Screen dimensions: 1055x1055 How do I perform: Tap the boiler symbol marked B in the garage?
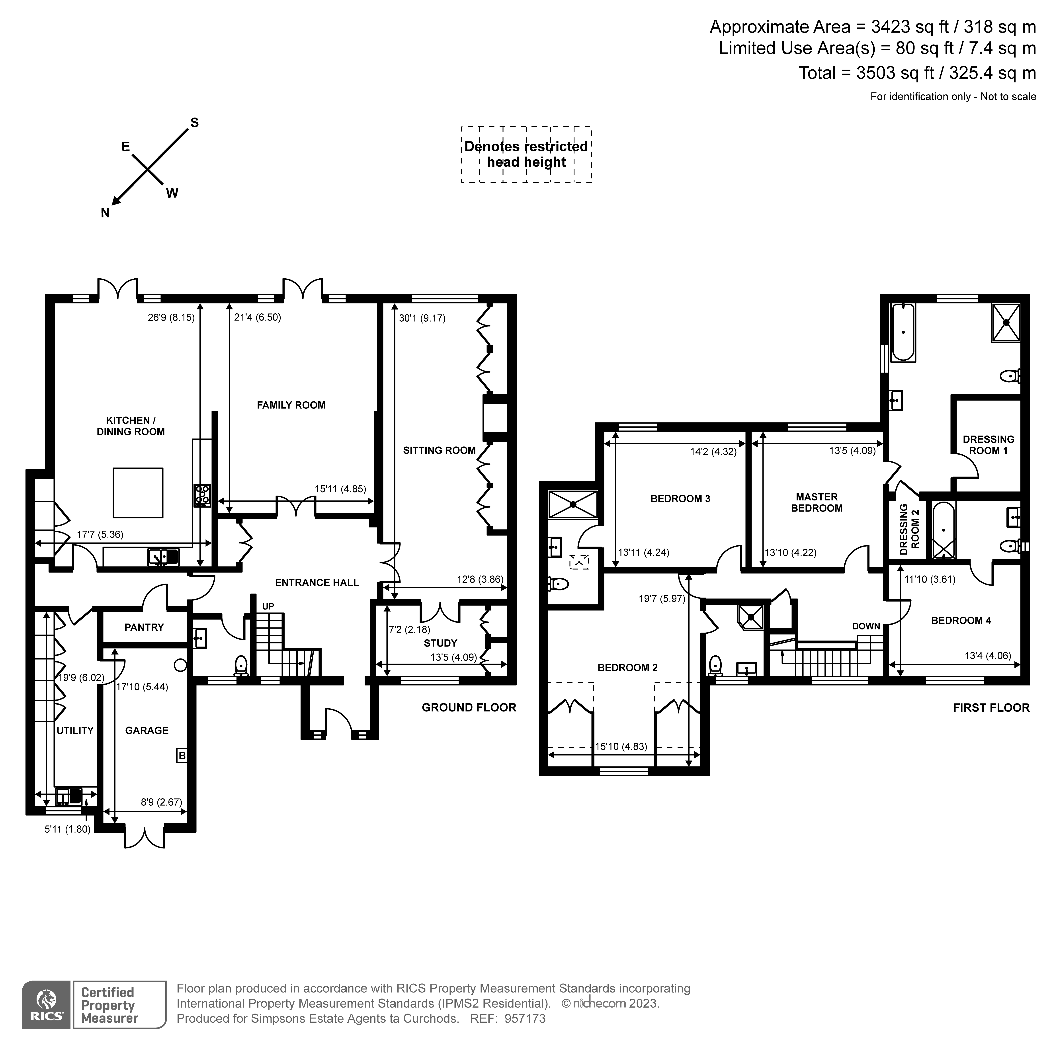182,756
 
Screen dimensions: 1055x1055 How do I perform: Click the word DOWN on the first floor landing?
866,626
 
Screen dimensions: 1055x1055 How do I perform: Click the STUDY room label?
440,643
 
